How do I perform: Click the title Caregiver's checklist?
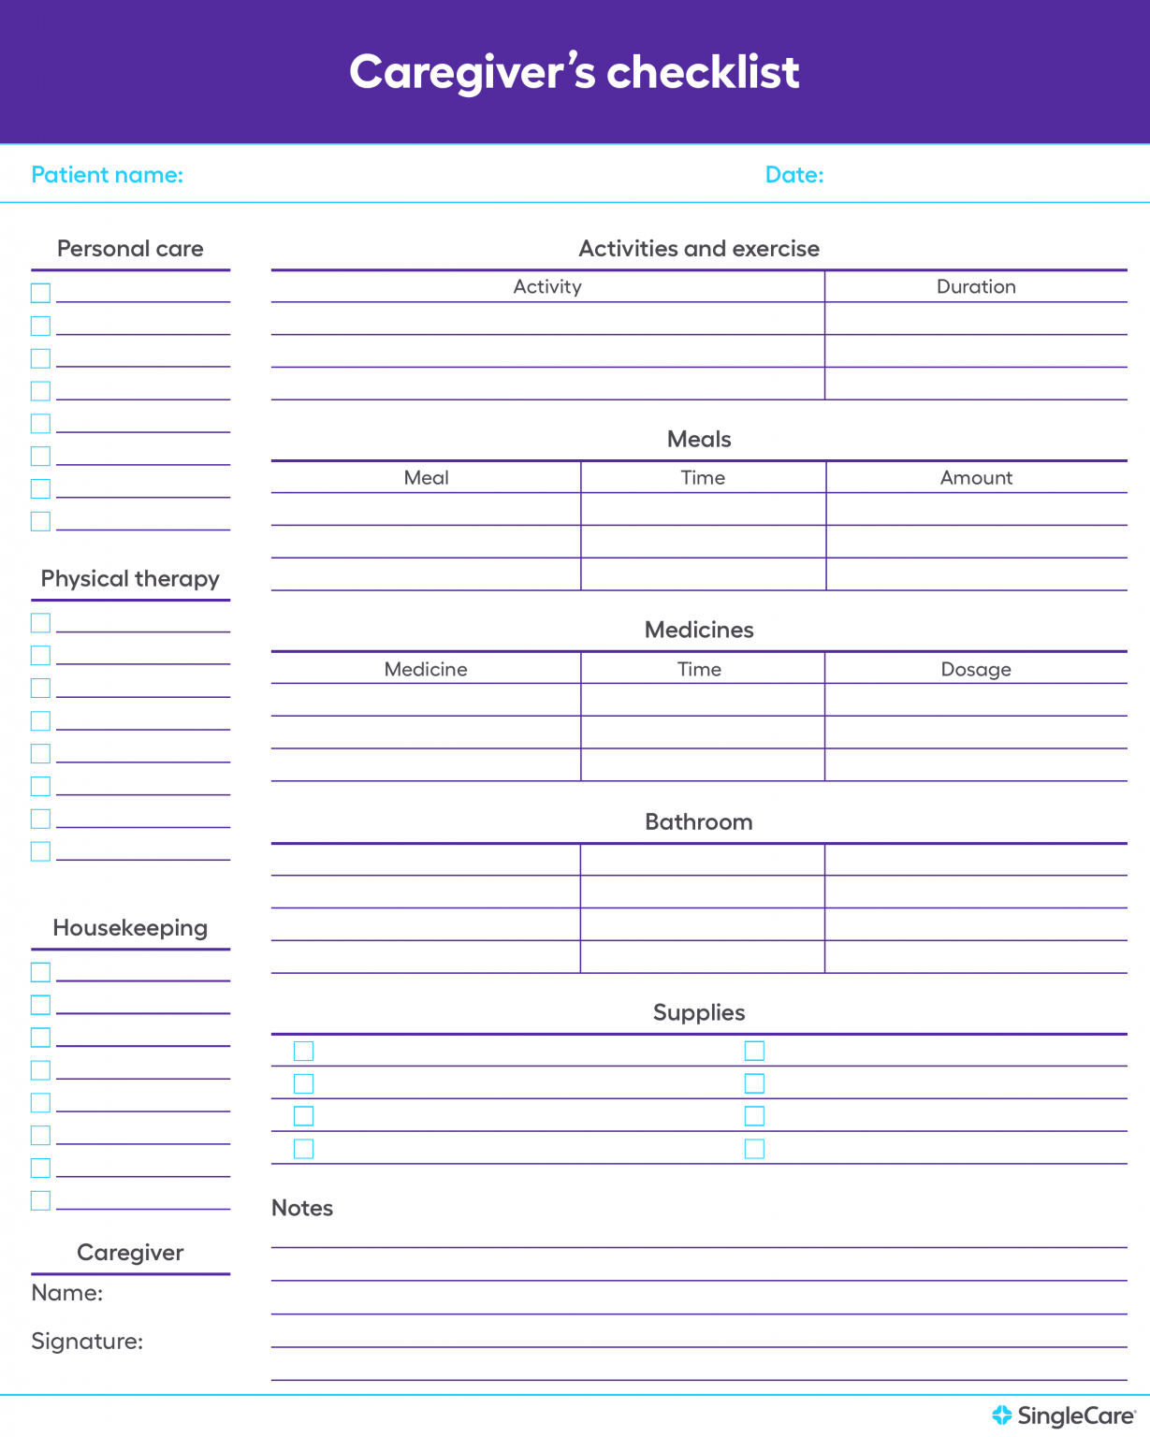[575, 72]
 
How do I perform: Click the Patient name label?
[108, 175]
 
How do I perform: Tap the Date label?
[794, 175]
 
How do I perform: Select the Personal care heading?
[130, 249]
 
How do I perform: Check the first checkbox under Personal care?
[40, 293]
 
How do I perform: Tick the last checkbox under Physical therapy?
[40, 851]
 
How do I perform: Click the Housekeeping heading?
[130, 928]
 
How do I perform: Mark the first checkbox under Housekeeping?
[40, 972]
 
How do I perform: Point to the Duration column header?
[976, 287]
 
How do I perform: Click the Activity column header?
[547, 287]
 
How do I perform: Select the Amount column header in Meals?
[976, 478]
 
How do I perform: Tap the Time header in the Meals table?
[703, 478]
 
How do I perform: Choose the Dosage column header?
[976, 670]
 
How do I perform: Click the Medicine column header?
[426, 670]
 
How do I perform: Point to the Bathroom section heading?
[699, 822]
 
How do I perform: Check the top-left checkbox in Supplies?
[304, 1052]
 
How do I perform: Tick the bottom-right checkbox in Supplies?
[754, 1149]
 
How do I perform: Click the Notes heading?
[302, 1209]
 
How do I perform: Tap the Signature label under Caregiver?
[87, 1342]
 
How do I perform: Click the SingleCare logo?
[1064, 1416]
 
